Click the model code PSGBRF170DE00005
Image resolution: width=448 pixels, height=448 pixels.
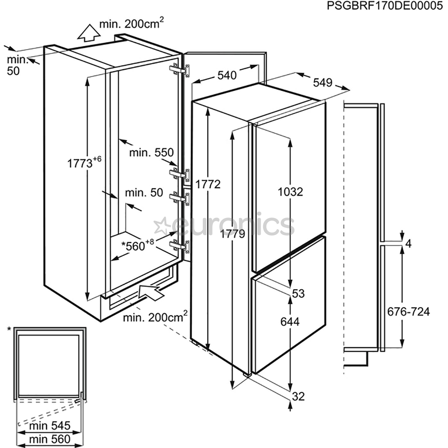coord(384,6)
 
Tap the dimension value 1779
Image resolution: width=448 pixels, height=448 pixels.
coord(232,234)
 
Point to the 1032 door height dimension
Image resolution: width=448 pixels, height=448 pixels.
coord(291,192)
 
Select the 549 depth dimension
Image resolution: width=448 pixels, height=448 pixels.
coord(323,83)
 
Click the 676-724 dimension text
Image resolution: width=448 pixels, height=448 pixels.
coord(408,311)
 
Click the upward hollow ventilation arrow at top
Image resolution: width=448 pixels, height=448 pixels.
coord(87,33)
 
